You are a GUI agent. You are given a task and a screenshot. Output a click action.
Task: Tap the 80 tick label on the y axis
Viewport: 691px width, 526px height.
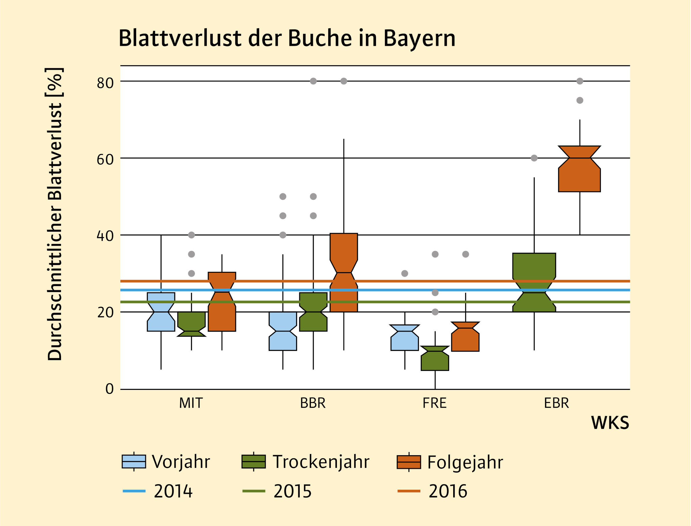point(105,83)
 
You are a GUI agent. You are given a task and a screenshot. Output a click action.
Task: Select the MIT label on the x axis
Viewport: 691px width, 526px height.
point(191,403)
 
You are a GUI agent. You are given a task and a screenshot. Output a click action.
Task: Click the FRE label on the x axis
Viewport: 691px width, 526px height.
point(434,403)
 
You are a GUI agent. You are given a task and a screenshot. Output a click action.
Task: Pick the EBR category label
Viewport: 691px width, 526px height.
point(556,403)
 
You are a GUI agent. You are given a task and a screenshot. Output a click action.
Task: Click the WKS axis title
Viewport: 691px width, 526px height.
point(610,423)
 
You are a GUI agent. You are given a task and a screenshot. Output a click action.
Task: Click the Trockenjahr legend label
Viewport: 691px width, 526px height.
point(321,462)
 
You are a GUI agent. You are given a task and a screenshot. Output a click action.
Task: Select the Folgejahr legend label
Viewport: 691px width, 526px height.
point(465,462)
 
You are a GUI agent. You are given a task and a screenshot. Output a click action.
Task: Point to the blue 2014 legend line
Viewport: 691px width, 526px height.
point(134,491)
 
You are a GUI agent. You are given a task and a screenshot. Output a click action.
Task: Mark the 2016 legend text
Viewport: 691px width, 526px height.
point(448,491)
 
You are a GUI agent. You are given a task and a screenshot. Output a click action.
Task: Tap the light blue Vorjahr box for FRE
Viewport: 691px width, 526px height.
point(405,341)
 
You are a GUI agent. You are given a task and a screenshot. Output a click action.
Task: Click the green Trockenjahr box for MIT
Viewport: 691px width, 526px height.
point(191,323)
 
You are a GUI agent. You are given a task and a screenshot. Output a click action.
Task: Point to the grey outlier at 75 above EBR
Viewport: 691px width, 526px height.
point(580,100)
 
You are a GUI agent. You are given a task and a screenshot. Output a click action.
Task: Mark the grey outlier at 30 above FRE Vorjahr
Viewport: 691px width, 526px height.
point(405,274)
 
